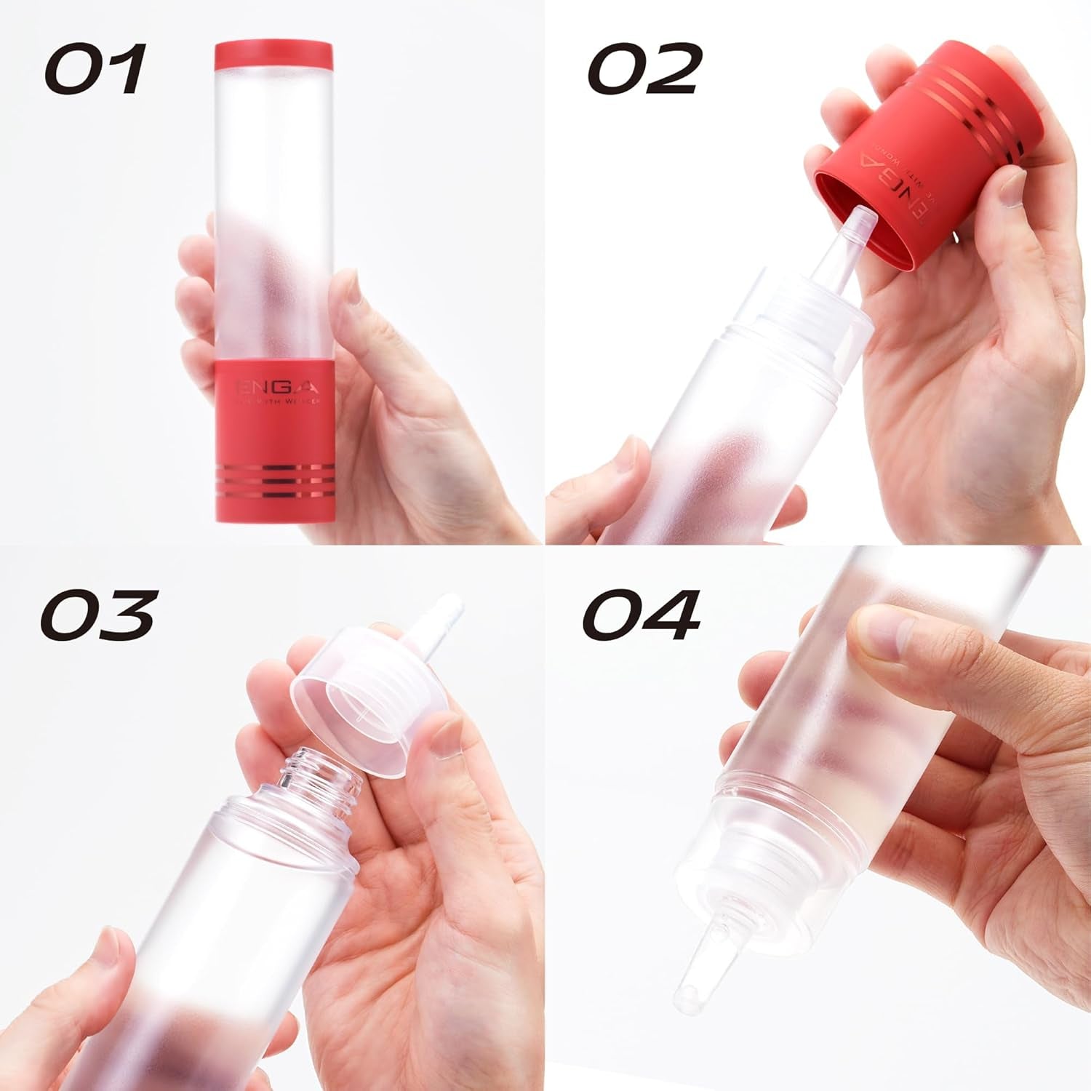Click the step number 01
point(95,69)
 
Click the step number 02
point(643,69)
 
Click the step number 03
point(98,615)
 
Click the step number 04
point(640,615)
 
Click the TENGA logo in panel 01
point(275,386)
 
